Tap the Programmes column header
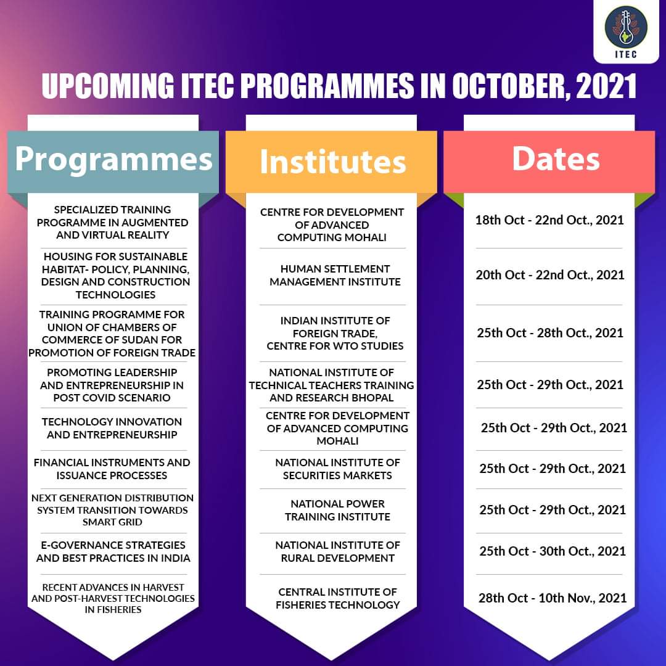(113, 159)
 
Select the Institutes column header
(333, 162)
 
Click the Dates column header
(556, 159)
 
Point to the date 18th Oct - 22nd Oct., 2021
(549, 220)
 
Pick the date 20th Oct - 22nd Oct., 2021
(549, 274)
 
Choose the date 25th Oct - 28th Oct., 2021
(549, 333)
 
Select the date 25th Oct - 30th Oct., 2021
(552, 551)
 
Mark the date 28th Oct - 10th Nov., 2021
(552, 598)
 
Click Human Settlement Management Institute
(335, 276)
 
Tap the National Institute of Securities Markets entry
(337, 469)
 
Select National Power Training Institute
(337, 510)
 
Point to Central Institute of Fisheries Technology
(337, 598)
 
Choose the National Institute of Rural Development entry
(337, 551)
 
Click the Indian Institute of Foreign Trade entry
(335, 333)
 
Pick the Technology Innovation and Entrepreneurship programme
(112, 428)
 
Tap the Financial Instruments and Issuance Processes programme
(112, 469)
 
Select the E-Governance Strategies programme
(113, 551)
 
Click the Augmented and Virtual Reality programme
(112, 222)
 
